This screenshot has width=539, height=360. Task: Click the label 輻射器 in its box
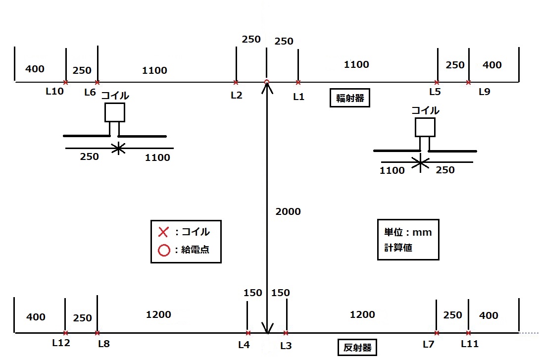click(350, 98)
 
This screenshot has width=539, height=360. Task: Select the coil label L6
click(90, 92)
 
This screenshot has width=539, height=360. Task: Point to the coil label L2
click(237, 96)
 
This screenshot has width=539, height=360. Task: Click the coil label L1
click(298, 97)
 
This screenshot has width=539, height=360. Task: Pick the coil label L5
click(435, 92)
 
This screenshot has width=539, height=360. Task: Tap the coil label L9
click(485, 92)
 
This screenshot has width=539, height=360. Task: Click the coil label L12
click(61, 343)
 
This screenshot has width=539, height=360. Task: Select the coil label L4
click(244, 345)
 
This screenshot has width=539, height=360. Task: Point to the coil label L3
click(286, 346)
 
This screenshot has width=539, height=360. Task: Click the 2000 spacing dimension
click(288, 211)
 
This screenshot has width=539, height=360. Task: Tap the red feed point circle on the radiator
click(267, 82)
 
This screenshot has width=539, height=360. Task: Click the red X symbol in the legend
click(163, 232)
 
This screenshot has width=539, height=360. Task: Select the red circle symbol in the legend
click(163, 250)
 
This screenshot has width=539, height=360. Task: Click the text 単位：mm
click(408, 232)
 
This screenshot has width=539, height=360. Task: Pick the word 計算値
click(398, 248)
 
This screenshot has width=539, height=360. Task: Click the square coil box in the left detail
click(115, 112)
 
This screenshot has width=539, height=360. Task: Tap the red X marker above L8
click(97, 333)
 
